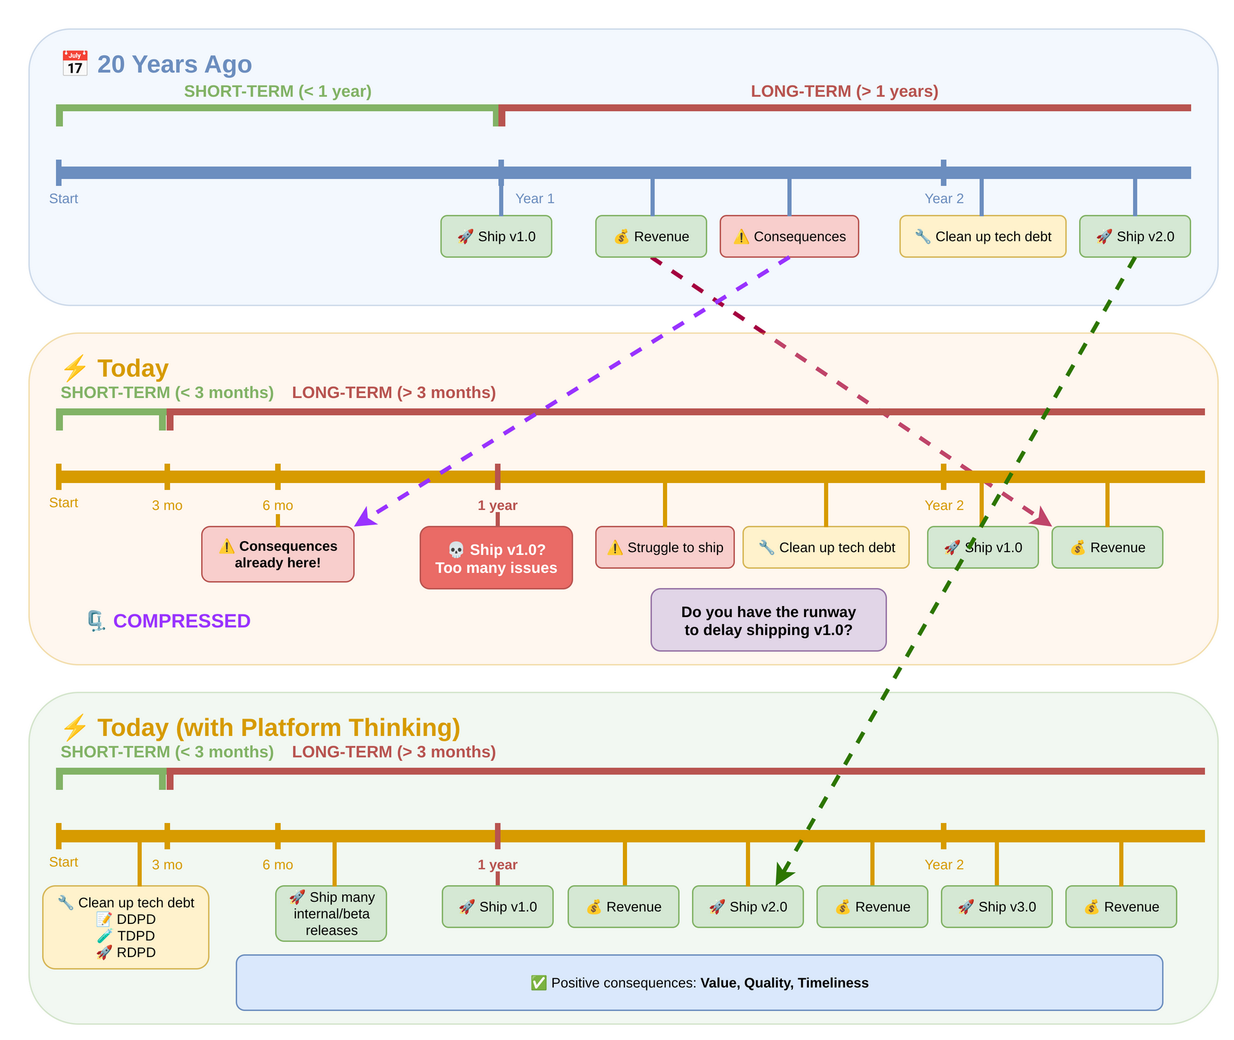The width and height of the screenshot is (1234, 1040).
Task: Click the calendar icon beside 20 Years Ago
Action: (x=75, y=64)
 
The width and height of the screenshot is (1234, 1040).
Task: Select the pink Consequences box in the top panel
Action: (x=789, y=236)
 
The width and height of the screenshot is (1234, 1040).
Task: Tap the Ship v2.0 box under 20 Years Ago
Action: (x=1134, y=236)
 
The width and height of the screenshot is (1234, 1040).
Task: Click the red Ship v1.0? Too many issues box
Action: (x=496, y=558)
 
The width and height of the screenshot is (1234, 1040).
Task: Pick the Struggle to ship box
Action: (x=664, y=547)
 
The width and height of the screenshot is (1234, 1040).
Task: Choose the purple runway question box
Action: (x=768, y=620)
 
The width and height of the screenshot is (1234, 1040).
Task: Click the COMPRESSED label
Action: (x=181, y=621)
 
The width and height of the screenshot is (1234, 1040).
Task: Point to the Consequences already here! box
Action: (x=277, y=554)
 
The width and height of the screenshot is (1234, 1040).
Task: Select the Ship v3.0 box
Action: (x=996, y=907)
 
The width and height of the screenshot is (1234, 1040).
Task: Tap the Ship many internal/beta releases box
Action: (x=331, y=914)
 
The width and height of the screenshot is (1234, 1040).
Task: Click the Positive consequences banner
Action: (x=699, y=983)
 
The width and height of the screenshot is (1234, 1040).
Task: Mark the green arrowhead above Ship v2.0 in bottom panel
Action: (x=783, y=874)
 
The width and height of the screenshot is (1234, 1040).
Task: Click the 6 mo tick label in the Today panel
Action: (x=277, y=505)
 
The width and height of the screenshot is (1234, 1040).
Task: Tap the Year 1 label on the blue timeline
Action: (x=534, y=198)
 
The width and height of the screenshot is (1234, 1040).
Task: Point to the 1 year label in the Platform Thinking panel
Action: (x=497, y=864)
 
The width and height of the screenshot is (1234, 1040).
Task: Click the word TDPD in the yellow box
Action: (x=135, y=936)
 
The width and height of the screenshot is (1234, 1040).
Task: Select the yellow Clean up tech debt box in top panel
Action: (x=982, y=236)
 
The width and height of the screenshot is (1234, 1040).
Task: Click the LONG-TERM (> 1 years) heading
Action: (x=844, y=91)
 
